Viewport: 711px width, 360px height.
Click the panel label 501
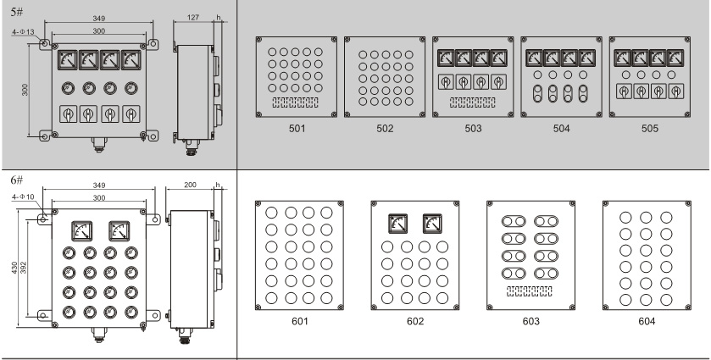pos(297,129)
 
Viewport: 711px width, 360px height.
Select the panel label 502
pos(385,129)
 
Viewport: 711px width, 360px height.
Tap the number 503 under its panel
pos(473,129)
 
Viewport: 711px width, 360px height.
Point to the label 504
pos(561,129)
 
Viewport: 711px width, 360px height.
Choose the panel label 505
pos(649,129)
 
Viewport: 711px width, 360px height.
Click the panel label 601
pos(300,322)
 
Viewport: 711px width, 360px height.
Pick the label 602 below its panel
pos(415,322)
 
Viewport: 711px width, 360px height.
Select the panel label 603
pos(531,322)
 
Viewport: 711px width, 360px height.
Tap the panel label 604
pos(647,322)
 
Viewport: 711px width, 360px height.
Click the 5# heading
pos(17,12)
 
